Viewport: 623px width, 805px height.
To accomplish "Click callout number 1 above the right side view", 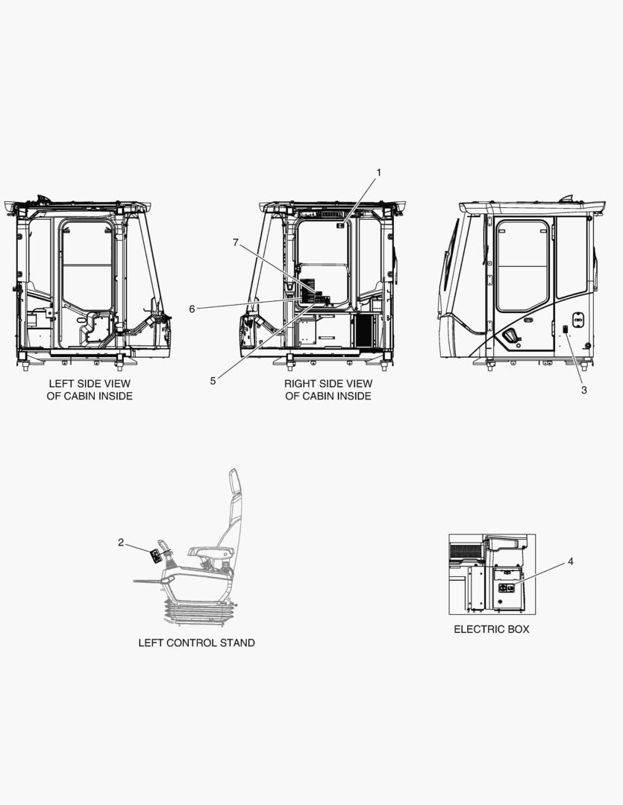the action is [x=379, y=172].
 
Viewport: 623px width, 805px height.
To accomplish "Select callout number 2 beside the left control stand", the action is [x=121, y=542].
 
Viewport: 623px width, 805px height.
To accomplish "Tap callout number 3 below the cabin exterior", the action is [x=584, y=390].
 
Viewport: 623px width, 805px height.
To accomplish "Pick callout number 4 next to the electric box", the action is [x=571, y=562].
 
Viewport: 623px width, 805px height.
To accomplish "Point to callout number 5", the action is [x=213, y=381].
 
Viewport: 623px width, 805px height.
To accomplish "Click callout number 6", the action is [x=192, y=309].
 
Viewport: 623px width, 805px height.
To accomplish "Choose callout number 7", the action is [x=236, y=243].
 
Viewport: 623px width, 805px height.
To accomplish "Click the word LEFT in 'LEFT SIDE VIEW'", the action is [x=60, y=384].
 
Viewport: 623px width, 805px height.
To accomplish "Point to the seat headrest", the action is [x=234, y=482].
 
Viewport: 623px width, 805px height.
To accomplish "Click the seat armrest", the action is [x=211, y=552].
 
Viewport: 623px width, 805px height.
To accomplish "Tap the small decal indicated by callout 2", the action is [x=154, y=557].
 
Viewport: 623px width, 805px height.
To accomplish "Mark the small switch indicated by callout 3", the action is [x=565, y=330].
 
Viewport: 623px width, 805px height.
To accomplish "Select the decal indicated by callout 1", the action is [x=340, y=225].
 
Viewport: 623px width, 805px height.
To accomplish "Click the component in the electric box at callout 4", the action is [x=507, y=589].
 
